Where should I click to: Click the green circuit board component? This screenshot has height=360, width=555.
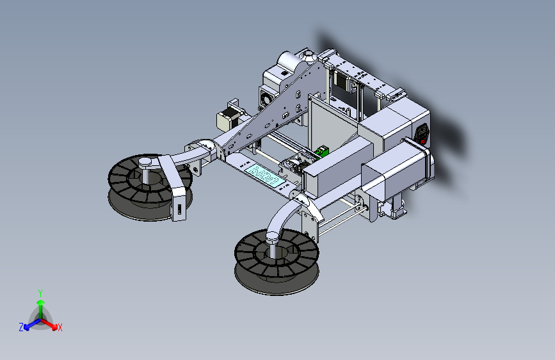pyautogui.click(x=322, y=151)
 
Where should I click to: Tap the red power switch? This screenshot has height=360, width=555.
pyautogui.click(x=422, y=142)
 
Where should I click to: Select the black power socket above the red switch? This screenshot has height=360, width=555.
pyautogui.click(x=422, y=132)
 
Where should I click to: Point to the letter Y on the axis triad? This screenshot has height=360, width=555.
pyautogui.click(x=40, y=293)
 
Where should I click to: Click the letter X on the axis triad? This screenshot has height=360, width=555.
pyautogui.click(x=60, y=328)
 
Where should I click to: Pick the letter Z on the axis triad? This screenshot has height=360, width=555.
pyautogui.click(x=21, y=327)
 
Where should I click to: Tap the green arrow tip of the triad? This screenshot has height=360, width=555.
pyautogui.click(x=41, y=302)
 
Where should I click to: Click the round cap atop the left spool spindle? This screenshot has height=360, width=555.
pyautogui.click(x=145, y=163)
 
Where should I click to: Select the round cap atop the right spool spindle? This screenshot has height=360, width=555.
pyautogui.click(x=273, y=237)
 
